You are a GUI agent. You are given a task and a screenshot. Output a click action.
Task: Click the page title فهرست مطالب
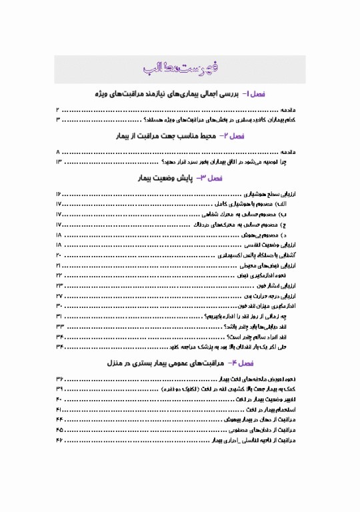click(x=179, y=69)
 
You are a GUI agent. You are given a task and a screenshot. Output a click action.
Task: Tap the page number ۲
click(x=59, y=109)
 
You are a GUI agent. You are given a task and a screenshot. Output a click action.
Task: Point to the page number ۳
click(x=59, y=119)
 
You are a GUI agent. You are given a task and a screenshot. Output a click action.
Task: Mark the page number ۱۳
click(x=59, y=162)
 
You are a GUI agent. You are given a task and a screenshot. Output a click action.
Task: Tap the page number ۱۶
click(x=59, y=193)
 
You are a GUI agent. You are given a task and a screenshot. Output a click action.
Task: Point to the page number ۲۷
click(x=59, y=295)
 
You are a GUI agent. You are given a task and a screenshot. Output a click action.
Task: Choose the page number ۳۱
click(x=59, y=315)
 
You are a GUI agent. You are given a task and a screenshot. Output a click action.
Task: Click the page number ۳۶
click(x=59, y=378)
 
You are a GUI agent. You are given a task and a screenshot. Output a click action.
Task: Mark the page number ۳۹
click(x=59, y=388)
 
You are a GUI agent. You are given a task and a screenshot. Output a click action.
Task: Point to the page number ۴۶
click(x=59, y=441)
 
